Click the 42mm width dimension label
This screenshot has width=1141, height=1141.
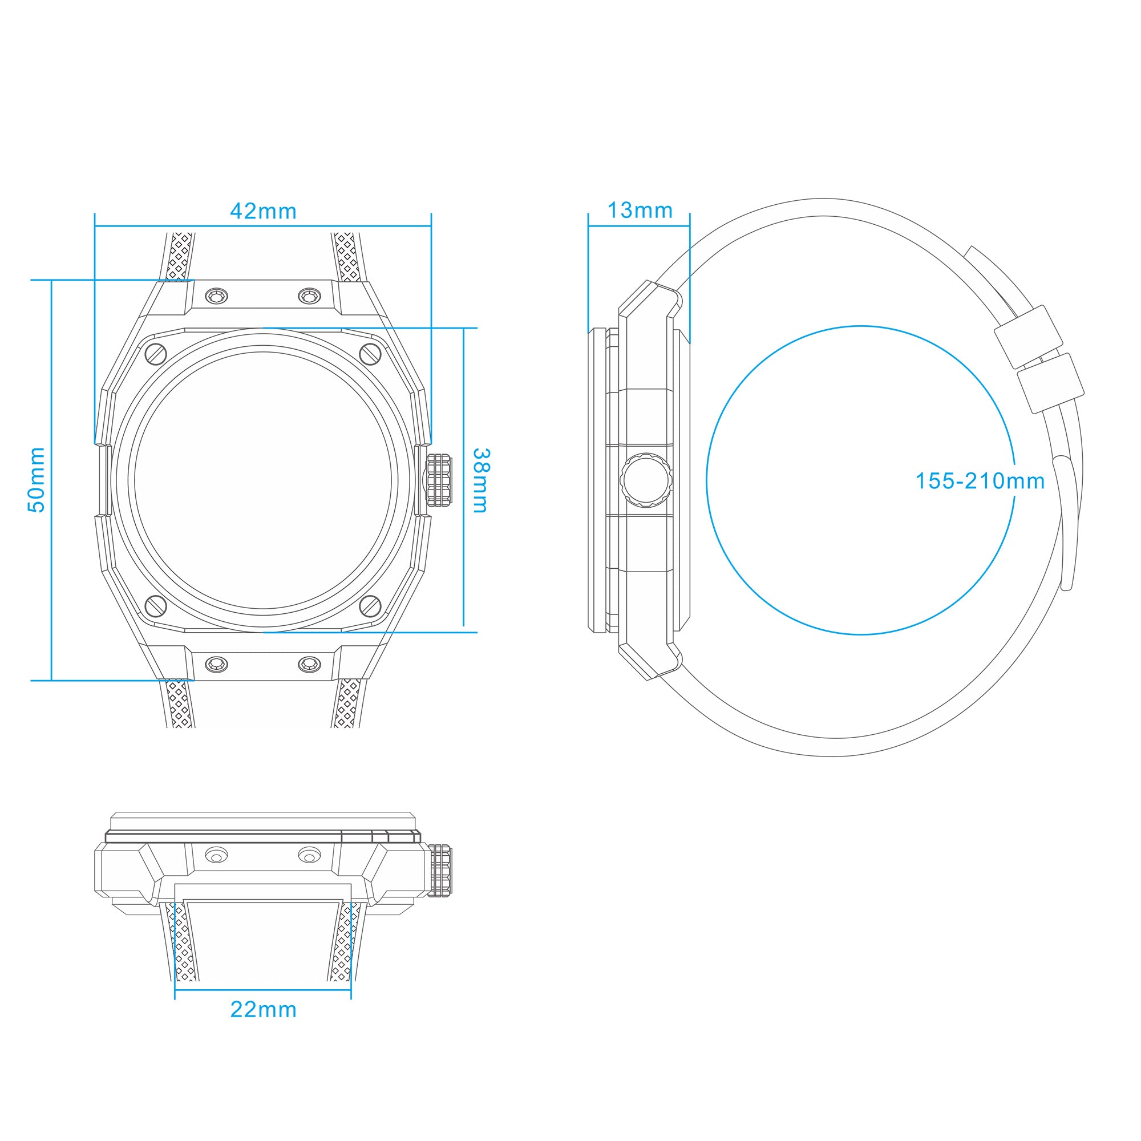pyautogui.click(x=263, y=212)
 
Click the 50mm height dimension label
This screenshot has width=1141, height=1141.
pyautogui.click(x=37, y=480)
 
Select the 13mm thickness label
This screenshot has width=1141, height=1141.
pyautogui.click(x=640, y=211)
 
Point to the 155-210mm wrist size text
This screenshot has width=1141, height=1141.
pyautogui.click(x=979, y=482)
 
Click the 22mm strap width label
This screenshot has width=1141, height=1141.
pyautogui.click(x=263, y=1009)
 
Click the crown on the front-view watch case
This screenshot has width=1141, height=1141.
pyautogui.click(x=439, y=480)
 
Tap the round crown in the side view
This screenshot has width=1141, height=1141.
pyautogui.click(x=646, y=480)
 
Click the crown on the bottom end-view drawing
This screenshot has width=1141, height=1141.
pyautogui.click(x=439, y=871)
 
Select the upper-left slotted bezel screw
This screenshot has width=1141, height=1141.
pyautogui.click(x=156, y=354)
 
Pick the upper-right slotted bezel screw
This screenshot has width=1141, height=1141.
pyautogui.click(x=370, y=354)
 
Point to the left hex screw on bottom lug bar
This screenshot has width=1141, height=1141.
pyautogui.click(x=216, y=665)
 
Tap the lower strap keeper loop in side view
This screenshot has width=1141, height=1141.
pyautogui.click(x=1050, y=383)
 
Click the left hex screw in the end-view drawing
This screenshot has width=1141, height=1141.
pyautogui.click(x=216, y=856)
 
